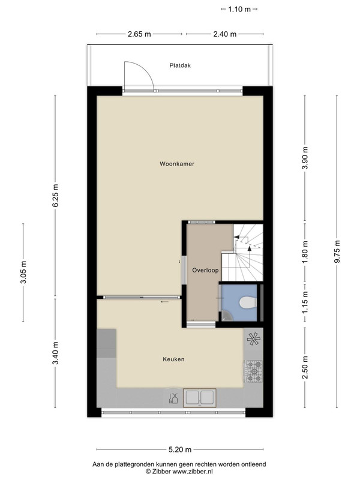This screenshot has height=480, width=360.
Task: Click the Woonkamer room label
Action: [177, 164]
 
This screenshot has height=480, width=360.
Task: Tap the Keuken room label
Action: [173, 359]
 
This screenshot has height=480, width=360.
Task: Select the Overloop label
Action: [205, 271]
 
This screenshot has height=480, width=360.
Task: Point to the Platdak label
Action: [180, 65]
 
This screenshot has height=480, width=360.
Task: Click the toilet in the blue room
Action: [247, 302]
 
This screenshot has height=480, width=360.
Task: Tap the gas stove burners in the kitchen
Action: [254, 371]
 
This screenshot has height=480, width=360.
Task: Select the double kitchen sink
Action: [200, 398]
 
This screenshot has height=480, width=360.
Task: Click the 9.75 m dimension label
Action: [337, 251]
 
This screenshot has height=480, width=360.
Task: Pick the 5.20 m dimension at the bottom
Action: [180, 449]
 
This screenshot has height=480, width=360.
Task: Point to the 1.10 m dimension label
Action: [239, 9]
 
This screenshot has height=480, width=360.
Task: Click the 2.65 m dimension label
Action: [139, 34]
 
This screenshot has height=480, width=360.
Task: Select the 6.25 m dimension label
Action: [55, 196]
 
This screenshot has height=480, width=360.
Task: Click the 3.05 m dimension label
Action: [23, 272]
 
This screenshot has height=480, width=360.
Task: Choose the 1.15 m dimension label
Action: [305, 302]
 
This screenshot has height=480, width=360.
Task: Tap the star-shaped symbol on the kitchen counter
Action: [253, 339]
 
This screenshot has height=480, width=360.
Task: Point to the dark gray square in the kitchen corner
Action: [107, 343]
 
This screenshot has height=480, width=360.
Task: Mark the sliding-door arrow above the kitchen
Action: [164, 302]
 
